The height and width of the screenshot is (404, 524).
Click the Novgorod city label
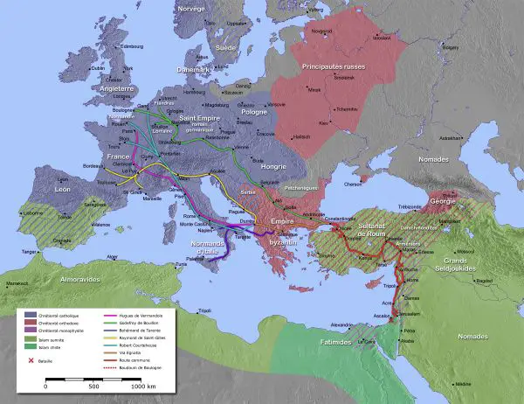323,31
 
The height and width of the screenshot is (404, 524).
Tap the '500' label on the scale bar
93,386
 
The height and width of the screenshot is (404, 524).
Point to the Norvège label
190,8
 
